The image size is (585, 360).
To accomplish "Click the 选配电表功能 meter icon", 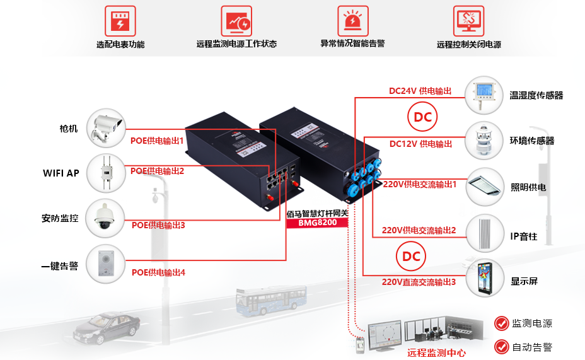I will coord(120,21).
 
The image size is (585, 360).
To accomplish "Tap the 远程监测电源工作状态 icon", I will coord(236,21).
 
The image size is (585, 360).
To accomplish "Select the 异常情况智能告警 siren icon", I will coord(352,21).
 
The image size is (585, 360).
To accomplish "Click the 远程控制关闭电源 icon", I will coord(468,21).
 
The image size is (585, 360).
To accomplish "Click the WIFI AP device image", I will coord(106,172).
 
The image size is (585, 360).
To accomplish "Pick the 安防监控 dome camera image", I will coord(106,218).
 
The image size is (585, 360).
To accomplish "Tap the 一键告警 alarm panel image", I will coord(106,263).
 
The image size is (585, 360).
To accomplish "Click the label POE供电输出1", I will coord(157,141).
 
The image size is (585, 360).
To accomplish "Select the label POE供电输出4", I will coord(158,272).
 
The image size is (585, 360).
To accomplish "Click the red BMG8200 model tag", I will coord(318,223).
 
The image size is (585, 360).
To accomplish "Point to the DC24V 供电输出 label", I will coord(420,91).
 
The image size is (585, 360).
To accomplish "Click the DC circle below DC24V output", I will coord(422,117).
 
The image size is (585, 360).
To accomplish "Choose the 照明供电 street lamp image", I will coord(485,187).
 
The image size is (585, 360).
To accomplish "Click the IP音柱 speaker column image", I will coord(485,235).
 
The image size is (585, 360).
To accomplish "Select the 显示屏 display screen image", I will coord(485,278).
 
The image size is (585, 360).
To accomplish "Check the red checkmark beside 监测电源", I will coord(502,323).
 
